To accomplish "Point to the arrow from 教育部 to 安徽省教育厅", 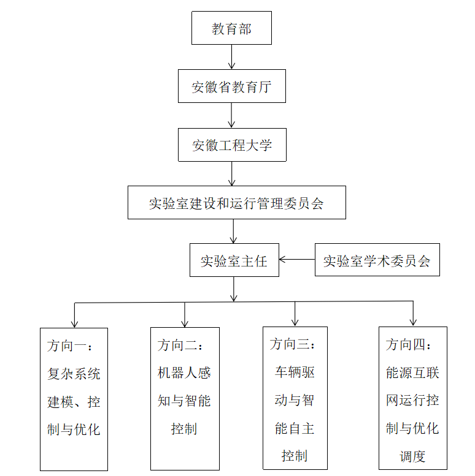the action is [x=232, y=57].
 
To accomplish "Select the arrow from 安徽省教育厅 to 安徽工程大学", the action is [x=231, y=115].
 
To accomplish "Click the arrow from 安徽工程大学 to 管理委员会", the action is [x=232, y=173].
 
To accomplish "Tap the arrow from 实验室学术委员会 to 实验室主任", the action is [x=297, y=260].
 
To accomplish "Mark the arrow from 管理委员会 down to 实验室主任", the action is [x=233, y=232].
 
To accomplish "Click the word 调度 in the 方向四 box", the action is [x=412, y=456].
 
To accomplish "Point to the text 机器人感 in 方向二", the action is [x=184, y=373].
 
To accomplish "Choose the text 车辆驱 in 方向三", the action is [x=295, y=372].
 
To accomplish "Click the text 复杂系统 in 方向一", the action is [x=74, y=374].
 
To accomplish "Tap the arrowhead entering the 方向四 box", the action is [x=413, y=322].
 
